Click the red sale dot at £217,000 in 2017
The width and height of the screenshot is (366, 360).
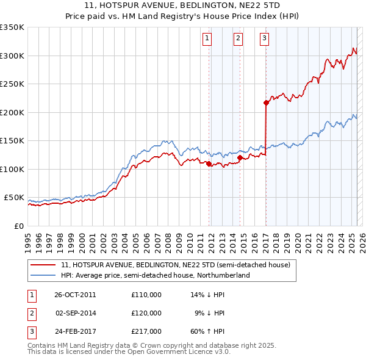(x=266, y=103)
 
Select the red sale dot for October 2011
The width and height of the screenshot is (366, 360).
(x=209, y=164)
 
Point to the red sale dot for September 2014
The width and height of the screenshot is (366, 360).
(x=240, y=157)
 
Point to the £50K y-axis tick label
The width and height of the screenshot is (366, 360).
(x=14, y=198)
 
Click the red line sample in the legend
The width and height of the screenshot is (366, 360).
(x=43, y=265)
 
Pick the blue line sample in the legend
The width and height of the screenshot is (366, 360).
(x=43, y=275)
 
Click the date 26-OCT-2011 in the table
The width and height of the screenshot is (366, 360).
(x=75, y=295)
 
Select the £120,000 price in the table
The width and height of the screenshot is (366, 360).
(x=146, y=313)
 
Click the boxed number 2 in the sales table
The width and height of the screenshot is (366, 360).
(x=32, y=313)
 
